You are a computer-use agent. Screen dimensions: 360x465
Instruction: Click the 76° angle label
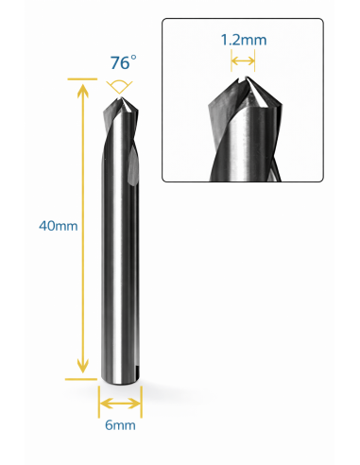pos(123,62)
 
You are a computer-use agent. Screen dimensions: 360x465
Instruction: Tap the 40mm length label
pos(59,226)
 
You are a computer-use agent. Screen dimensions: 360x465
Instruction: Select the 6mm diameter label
pos(120,425)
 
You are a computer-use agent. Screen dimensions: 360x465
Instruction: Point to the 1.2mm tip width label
pos(244,40)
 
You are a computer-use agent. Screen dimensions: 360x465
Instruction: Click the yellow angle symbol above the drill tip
pos(119,87)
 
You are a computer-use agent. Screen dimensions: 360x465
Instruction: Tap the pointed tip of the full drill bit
pos(121,97)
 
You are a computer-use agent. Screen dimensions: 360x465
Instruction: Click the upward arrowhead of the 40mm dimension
pos(83,91)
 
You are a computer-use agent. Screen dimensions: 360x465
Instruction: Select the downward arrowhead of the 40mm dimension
pos(83,366)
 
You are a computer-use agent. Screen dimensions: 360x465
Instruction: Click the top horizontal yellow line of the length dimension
pos(82,79)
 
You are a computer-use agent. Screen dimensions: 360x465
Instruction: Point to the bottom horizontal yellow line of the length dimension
pos(81,379)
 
